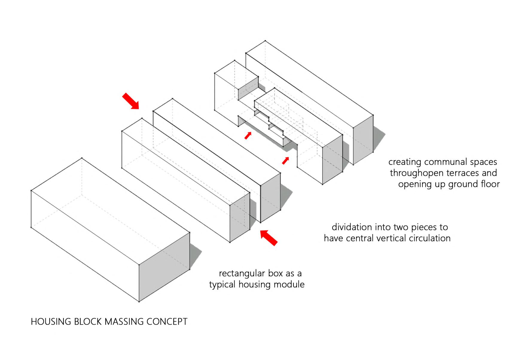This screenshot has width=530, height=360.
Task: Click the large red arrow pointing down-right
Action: click(131, 101)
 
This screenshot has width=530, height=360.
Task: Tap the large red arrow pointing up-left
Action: click(269, 238)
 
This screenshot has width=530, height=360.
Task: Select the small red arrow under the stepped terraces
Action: click(248, 136)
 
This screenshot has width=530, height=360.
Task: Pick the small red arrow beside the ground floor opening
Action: click(286, 161)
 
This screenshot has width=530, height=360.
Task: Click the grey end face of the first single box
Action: click(164, 266)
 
